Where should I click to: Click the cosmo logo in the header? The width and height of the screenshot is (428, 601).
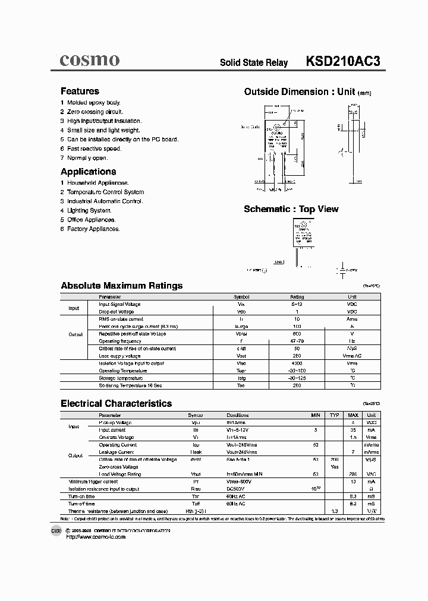pyautogui.click(x=90, y=60)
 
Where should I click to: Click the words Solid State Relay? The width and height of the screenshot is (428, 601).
pyautogui.click(x=254, y=62)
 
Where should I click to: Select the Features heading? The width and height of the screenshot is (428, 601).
pyautogui.click(x=80, y=91)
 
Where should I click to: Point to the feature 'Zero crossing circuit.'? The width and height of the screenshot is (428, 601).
pyautogui.click(x=95, y=112)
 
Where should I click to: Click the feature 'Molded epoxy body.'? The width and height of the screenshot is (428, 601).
pyautogui.click(x=94, y=103)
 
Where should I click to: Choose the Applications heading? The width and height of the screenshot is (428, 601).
pyautogui.click(x=88, y=172)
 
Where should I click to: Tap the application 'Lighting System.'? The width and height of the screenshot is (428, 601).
pyautogui.click(x=89, y=210)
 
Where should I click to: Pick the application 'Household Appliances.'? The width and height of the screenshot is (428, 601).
pyautogui.click(x=97, y=183)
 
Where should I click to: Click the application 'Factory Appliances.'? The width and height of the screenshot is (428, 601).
pyautogui.click(x=93, y=229)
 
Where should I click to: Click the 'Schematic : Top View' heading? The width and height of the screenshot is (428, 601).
pyautogui.click(x=291, y=209)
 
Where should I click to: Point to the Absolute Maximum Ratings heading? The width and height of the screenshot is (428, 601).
pyautogui.click(x=121, y=286)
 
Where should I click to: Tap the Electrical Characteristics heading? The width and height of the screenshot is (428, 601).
pyautogui.click(x=116, y=403)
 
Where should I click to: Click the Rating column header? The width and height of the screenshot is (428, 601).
pyautogui.click(x=297, y=297)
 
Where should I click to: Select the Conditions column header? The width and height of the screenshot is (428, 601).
pyautogui.click(x=238, y=415)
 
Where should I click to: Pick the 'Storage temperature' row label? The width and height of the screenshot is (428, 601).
pyautogui.click(x=121, y=378)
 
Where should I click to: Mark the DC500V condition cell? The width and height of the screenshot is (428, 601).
pyautogui.click(x=236, y=489)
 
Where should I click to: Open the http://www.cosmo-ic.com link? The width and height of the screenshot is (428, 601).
pyautogui.click(x=96, y=537)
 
